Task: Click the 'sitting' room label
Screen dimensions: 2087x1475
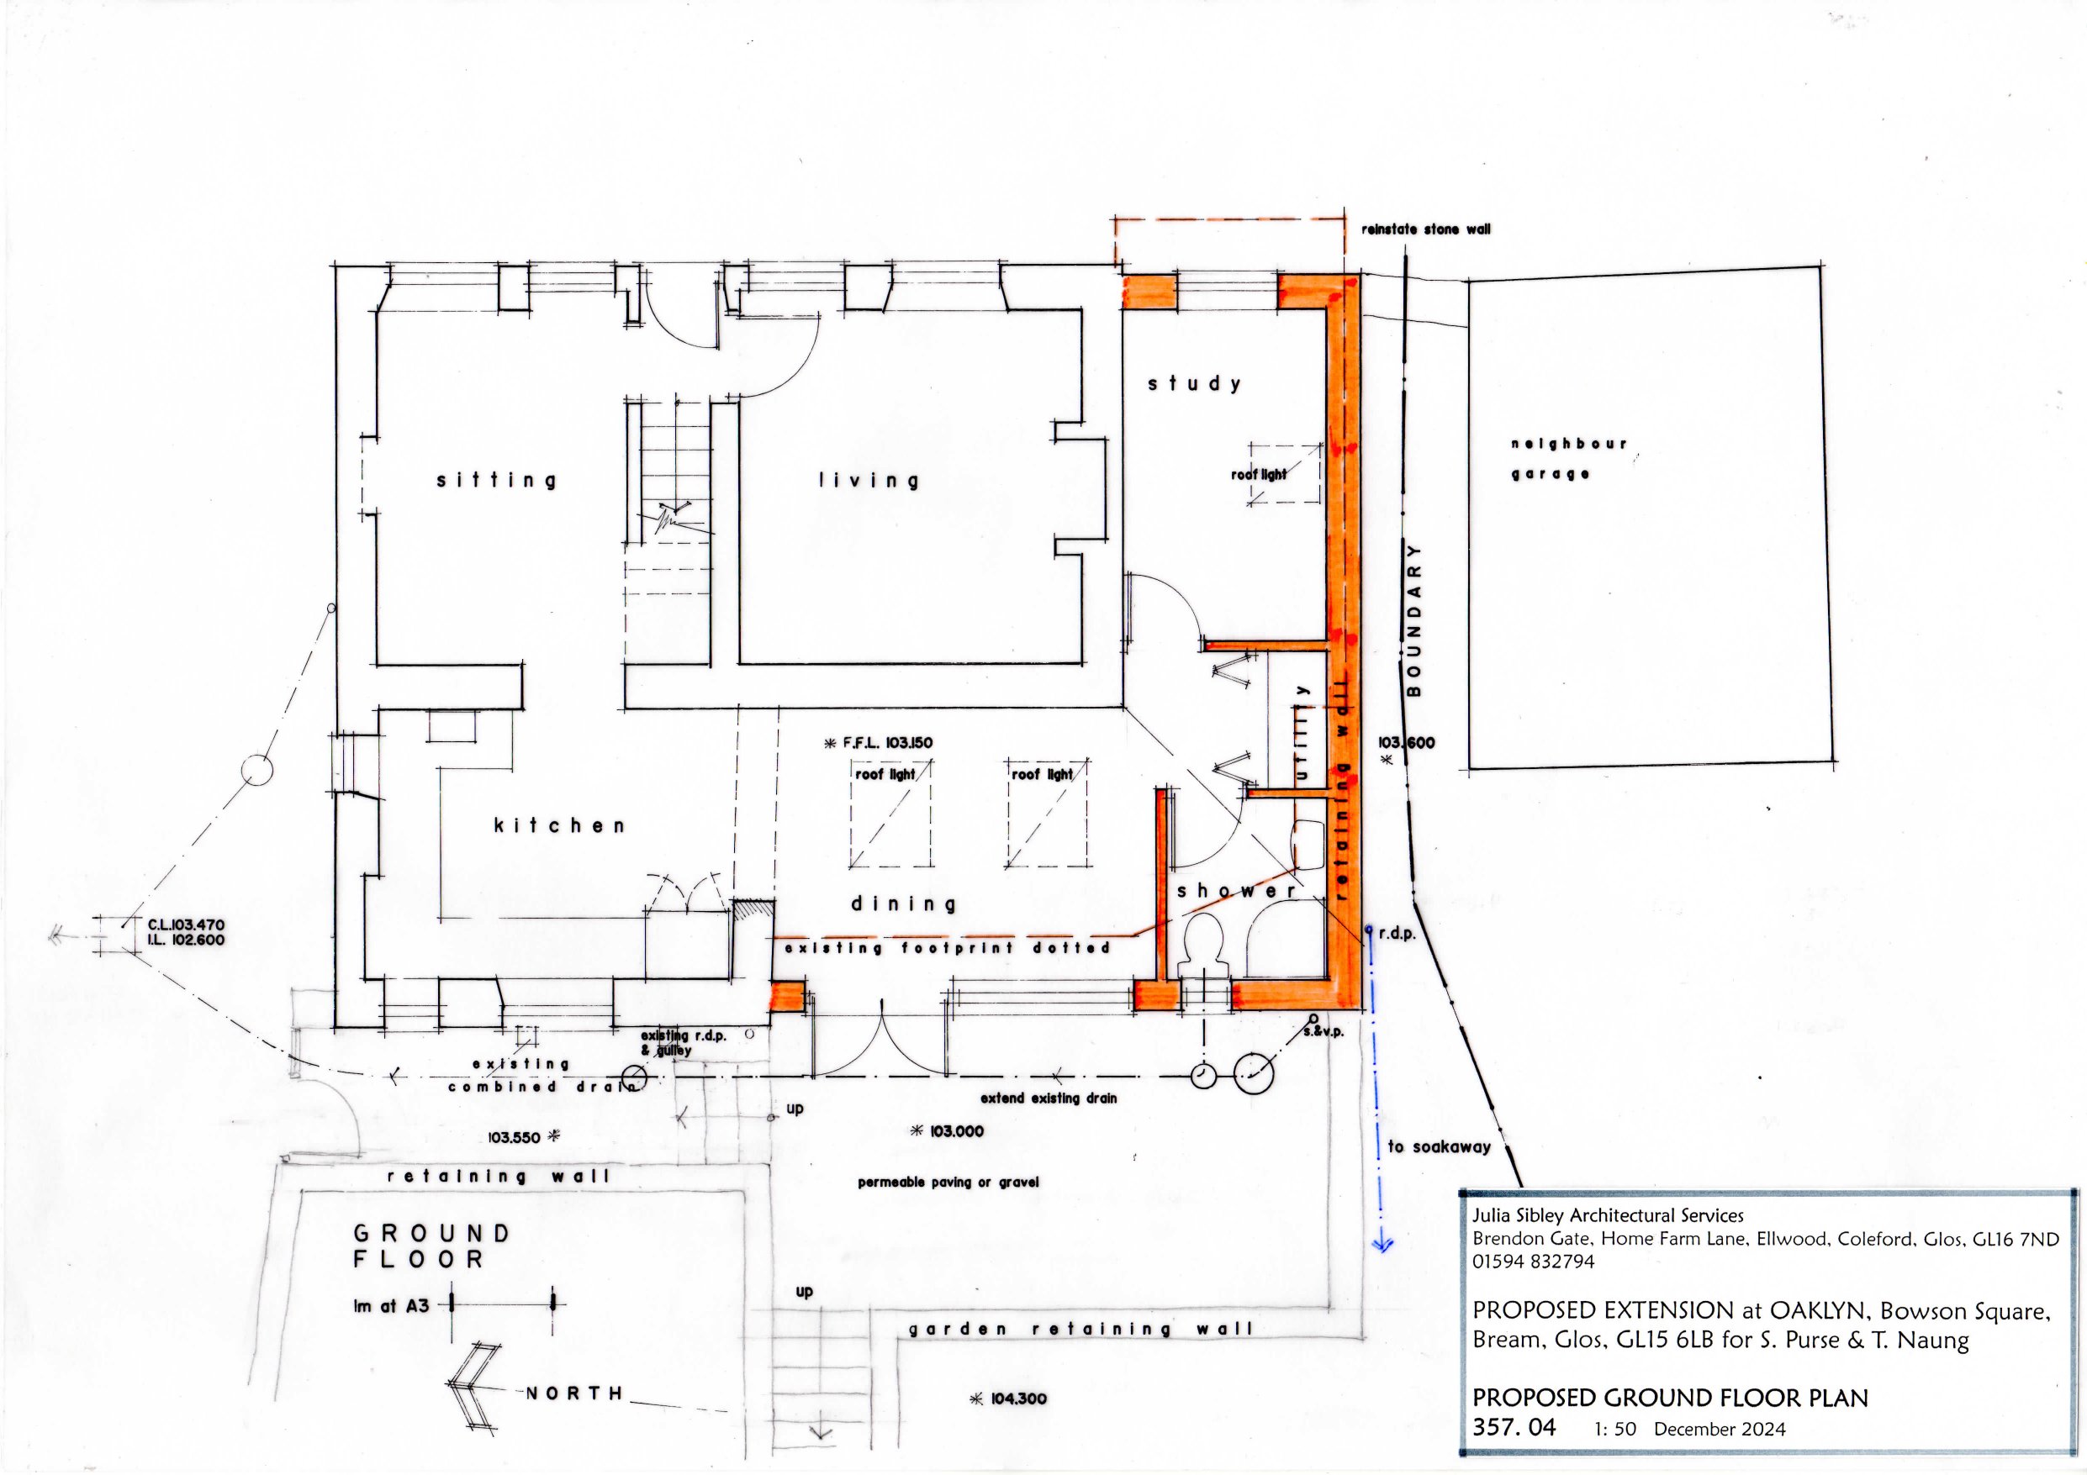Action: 495,480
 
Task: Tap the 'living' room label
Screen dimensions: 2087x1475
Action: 868,480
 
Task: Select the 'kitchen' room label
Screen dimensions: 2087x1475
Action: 559,825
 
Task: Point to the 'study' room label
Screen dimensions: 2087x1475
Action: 1193,383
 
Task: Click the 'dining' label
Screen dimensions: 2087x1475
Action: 904,903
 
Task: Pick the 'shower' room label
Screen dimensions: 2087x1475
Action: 1237,891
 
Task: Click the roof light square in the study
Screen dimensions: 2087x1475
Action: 1284,473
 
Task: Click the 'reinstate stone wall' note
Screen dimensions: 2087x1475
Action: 1425,230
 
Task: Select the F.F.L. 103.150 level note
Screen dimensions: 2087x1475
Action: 877,742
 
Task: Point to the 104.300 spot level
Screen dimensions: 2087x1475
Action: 1009,1399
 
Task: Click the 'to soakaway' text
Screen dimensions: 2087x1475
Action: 1440,1147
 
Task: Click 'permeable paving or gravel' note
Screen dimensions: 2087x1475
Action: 948,1183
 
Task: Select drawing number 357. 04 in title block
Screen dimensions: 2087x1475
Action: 1514,1427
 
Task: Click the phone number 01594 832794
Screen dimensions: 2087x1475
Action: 1533,1262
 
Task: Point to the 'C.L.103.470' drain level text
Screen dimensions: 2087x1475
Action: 186,925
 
